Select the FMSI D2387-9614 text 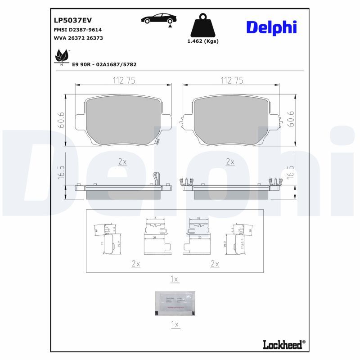coord(76,29)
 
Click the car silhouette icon coord(158,19)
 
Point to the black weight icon coord(202,27)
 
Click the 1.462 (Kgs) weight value coord(202,41)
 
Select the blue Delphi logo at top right coord(271,27)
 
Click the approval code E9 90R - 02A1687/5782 coord(104,64)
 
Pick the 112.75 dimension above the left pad coord(123,81)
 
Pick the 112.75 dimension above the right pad coord(232,81)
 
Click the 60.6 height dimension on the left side coord(62,120)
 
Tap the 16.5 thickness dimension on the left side coord(62,172)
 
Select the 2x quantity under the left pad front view coord(122,162)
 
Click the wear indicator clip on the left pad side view coord(157,179)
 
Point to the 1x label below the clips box coord(175,279)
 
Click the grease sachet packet coord(175,303)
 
